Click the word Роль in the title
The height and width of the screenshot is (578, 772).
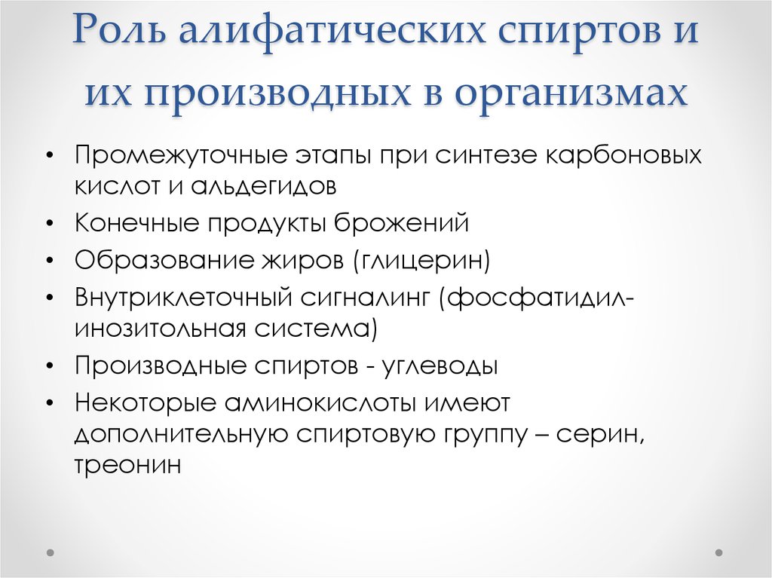pyautogui.click(x=119, y=34)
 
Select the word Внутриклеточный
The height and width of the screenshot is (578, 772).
pyautogui.click(x=176, y=297)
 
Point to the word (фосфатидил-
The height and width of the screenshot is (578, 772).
pyautogui.click(x=533, y=297)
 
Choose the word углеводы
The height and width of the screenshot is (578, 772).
pyautogui.click(x=440, y=365)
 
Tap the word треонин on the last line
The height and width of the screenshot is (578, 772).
pyautogui.click(x=127, y=465)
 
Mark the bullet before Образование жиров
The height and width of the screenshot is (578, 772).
pyautogui.click(x=50, y=261)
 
